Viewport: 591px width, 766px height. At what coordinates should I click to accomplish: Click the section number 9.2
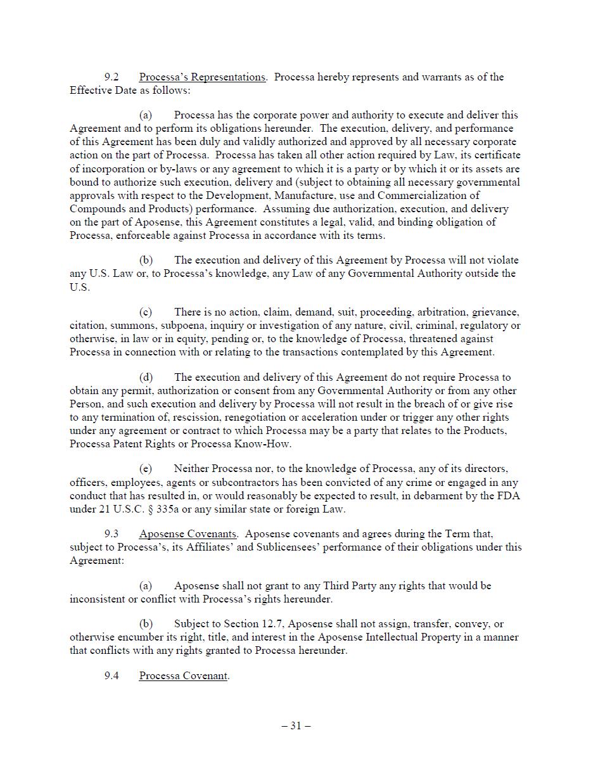click(x=111, y=77)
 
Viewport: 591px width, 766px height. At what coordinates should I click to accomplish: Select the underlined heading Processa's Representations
click(x=202, y=77)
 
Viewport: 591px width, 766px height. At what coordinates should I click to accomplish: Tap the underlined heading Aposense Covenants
click(x=187, y=534)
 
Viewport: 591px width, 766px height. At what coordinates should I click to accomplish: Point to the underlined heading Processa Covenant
click(x=183, y=676)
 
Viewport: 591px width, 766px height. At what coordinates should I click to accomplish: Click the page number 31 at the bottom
click(x=296, y=726)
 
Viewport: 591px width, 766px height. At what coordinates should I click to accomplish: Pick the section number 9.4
click(x=111, y=676)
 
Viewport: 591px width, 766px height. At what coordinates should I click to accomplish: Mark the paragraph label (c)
click(x=146, y=312)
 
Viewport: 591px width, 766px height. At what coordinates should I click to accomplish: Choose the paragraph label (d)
click(x=146, y=378)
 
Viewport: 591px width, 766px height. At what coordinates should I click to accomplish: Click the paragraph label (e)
click(x=146, y=469)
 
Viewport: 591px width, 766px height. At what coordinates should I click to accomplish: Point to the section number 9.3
click(x=111, y=534)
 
